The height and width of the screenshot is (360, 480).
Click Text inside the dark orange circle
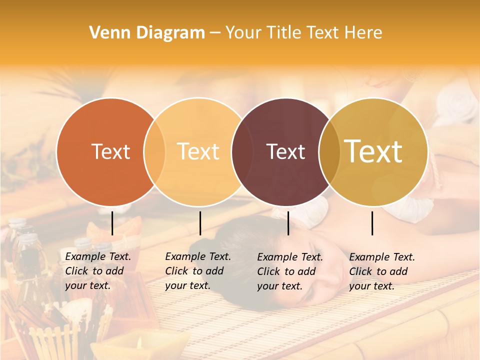(x=110, y=151)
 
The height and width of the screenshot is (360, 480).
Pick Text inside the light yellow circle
(x=198, y=151)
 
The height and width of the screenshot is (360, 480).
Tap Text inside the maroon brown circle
(x=285, y=151)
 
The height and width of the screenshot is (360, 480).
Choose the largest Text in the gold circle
(x=373, y=151)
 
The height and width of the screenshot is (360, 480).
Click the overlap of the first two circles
(x=154, y=151)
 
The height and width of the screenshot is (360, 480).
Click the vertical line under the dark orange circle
(x=112, y=223)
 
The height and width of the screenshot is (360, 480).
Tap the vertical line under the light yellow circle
(x=200, y=223)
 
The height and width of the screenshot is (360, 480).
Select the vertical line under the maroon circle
(x=288, y=223)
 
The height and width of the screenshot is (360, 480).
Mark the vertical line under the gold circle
(x=372, y=223)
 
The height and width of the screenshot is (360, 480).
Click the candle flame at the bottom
(x=139, y=342)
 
